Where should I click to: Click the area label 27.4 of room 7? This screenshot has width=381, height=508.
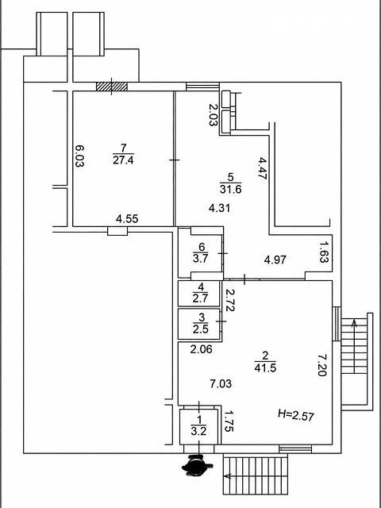pos(123,160)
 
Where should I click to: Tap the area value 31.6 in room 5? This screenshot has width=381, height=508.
pos(231,189)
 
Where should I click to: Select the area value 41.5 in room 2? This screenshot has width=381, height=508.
pos(265,368)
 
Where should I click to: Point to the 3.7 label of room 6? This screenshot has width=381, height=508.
pos(202,259)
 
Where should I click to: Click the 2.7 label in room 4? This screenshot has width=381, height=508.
pos(202,298)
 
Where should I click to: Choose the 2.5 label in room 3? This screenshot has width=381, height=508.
pos(202,330)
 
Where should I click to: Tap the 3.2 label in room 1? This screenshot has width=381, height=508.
pos(199,431)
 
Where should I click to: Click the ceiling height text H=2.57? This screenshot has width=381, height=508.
pos(296,414)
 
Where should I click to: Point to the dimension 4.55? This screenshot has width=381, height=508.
pos(127,219)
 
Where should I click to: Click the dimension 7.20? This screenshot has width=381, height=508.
pos(322,365)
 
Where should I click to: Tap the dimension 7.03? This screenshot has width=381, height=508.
pos(221,384)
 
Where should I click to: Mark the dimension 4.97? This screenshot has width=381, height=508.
pos(275,260)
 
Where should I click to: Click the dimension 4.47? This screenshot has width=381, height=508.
pos(262,168)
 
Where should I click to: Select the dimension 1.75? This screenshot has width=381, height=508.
pos(229,421)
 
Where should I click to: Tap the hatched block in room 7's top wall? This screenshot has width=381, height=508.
pos(112,87)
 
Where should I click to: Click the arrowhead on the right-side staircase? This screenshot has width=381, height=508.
pos(355,323)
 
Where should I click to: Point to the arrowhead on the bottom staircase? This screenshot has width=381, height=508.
pos(228,476)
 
